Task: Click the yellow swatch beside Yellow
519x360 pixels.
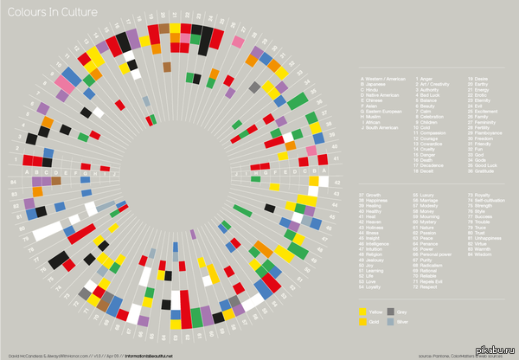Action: pyautogui.click(x=362, y=309)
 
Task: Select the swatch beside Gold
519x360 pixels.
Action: pyautogui.click(x=362, y=320)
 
